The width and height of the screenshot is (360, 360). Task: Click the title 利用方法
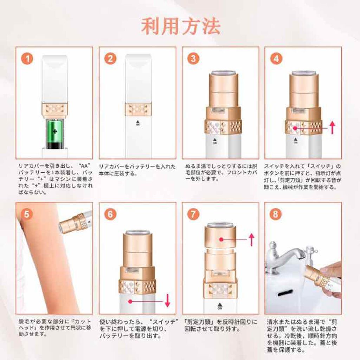point(181,26)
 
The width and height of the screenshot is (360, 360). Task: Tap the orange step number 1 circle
point(27,59)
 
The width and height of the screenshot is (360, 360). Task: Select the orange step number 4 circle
point(276,59)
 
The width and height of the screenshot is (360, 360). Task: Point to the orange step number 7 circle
point(193,214)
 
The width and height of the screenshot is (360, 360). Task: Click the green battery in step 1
point(55,134)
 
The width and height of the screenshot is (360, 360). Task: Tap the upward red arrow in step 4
point(332,127)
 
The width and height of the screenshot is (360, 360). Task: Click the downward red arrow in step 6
point(168,300)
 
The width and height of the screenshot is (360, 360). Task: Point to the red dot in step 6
point(130,301)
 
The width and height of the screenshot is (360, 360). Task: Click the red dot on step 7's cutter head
point(221,239)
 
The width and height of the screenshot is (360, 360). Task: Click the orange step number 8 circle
point(276,214)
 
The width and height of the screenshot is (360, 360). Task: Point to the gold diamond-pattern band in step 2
point(138,110)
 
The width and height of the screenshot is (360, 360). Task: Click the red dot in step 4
point(295,128)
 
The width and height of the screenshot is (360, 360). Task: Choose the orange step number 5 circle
point(27,214)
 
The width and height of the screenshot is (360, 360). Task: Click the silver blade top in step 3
point(223,72)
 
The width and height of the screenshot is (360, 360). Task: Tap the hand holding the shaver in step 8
point(330,273)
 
